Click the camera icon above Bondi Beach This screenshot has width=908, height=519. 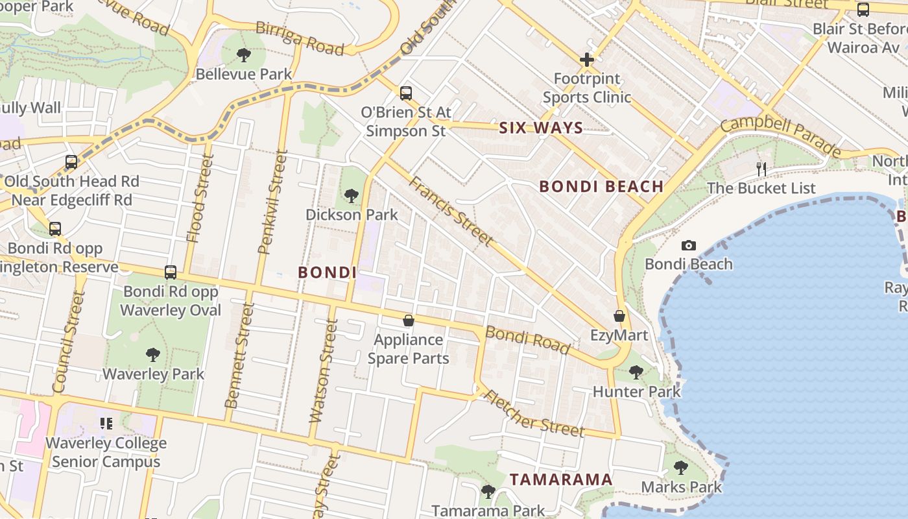689,245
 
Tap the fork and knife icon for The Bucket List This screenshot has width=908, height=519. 761,169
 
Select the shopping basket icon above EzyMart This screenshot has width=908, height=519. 619,316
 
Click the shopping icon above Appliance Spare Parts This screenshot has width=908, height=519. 409,320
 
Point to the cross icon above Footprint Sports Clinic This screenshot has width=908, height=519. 587,60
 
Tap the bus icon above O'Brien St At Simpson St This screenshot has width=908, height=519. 406,93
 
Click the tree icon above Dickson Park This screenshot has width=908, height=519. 351,195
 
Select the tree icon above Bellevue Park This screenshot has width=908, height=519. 244,54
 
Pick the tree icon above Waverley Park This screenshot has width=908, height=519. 153,354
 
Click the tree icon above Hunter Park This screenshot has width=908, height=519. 636,372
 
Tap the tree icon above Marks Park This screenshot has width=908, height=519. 680,467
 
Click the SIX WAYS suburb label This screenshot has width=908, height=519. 541,128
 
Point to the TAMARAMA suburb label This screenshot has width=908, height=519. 561,479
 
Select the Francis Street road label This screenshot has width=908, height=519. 450,211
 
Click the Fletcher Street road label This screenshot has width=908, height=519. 534,414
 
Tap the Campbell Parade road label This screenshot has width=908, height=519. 781,136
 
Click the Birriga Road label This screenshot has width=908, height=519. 299,38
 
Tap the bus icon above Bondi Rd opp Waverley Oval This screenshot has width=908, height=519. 171,272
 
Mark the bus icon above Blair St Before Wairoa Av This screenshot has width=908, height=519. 863,10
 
